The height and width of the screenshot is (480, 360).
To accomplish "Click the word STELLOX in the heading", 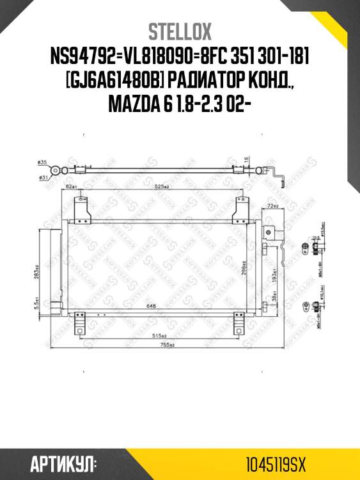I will click(x=180, y=31).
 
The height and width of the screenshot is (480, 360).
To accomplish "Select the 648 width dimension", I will click(x=152, y=306).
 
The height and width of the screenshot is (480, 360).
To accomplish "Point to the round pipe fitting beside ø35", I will click(x=58, y=170).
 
